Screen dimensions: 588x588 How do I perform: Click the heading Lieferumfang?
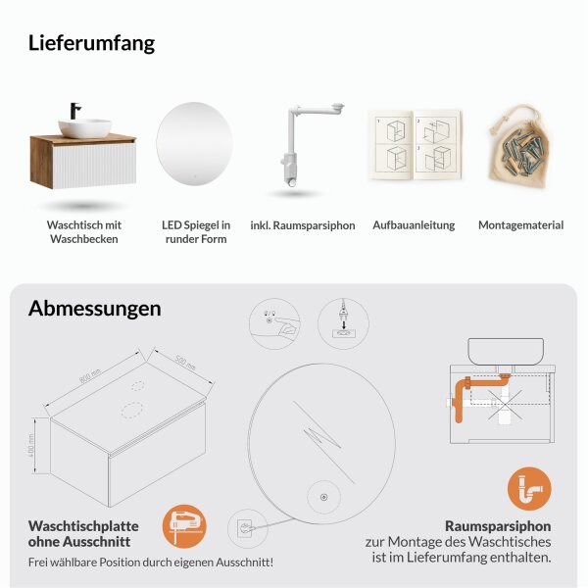pos(91,43)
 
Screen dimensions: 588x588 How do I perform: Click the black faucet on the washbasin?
pos(73,111)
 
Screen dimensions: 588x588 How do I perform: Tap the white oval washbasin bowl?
pos(85,127)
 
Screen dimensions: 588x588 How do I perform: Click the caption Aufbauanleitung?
pos(414,225)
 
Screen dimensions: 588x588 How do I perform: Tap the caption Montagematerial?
pos(520,225)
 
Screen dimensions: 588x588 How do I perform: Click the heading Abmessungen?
pos(94,308)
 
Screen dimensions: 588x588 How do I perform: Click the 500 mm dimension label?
pos(184,362)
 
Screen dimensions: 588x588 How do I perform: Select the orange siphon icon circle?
pos(529,489)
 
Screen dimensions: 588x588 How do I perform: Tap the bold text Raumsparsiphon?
pos(498,525)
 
